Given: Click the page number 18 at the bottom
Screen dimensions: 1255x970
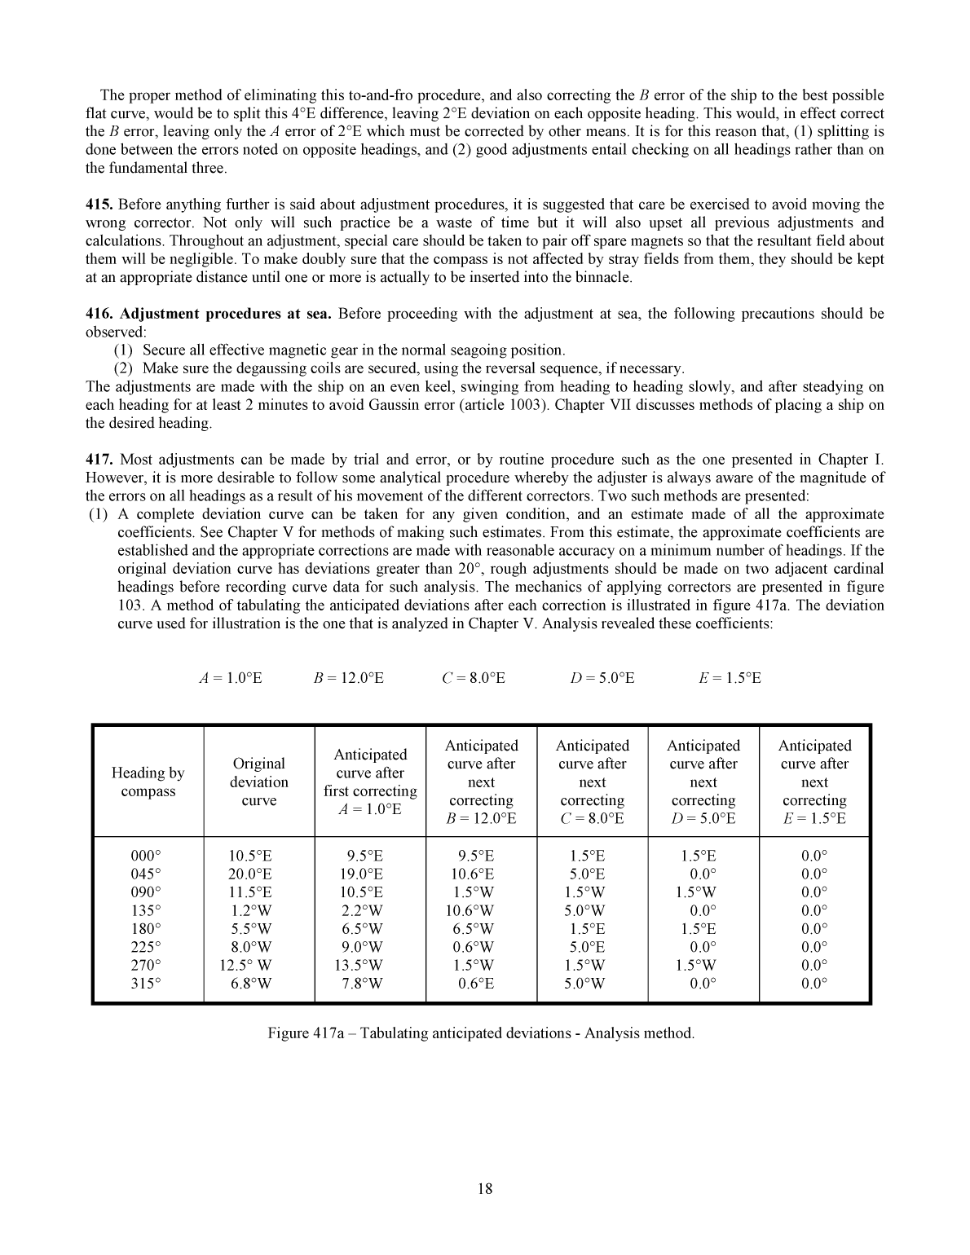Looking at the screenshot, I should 485,1188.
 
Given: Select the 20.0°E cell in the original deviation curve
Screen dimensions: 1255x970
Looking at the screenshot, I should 250,874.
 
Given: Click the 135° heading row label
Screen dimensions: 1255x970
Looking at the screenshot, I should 147,911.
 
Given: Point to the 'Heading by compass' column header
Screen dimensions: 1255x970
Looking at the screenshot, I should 148,782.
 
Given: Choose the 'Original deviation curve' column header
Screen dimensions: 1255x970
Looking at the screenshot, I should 258,782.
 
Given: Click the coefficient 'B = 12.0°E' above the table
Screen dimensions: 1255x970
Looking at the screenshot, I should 348,678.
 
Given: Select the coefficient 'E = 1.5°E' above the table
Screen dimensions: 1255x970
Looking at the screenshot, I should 730,678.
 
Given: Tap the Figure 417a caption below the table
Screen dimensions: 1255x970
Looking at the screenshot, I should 481,1033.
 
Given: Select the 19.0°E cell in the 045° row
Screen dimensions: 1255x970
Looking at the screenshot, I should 362,874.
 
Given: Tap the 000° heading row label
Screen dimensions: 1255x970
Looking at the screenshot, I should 147,856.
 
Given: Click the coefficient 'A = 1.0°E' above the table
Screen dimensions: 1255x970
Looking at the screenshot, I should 231,678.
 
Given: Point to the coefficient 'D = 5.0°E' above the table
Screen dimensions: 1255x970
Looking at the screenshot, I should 602,678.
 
